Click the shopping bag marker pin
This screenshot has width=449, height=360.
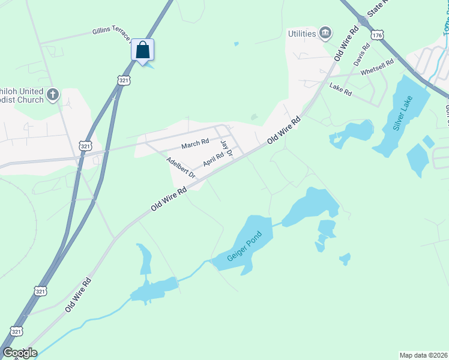click(142, 50)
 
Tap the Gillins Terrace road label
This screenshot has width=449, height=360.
click(111, 34)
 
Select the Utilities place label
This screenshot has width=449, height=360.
click(302, 34)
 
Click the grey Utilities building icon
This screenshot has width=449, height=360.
click(326, 32)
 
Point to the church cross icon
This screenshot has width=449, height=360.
click(53, 94)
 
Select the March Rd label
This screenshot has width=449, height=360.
click(195, 143)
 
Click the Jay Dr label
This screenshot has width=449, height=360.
click(226, 148)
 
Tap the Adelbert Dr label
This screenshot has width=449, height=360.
click(181, 167)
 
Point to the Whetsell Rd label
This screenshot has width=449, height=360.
click(377, 67)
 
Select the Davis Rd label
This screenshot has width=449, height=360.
click(362, 55)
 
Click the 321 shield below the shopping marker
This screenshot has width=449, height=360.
click(123, 80)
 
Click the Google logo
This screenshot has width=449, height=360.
click(20, 353)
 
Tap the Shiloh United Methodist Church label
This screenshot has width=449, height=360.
click(23, 95)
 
